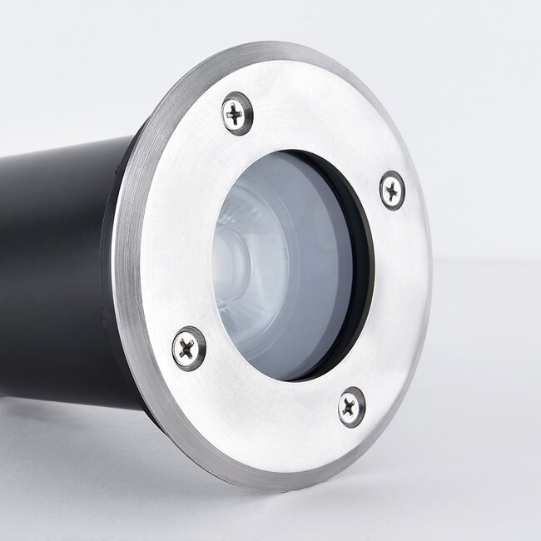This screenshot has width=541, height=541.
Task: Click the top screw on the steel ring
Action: click(237, 112)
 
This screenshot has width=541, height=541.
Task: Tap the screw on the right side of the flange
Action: click(392, 190)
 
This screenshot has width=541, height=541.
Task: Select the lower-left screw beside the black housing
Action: click(189, 348)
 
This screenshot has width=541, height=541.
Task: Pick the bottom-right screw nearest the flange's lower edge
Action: click(351, 407)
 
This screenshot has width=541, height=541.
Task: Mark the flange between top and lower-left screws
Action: click(183, 225)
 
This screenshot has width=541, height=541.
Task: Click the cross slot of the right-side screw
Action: click(392, 190)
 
